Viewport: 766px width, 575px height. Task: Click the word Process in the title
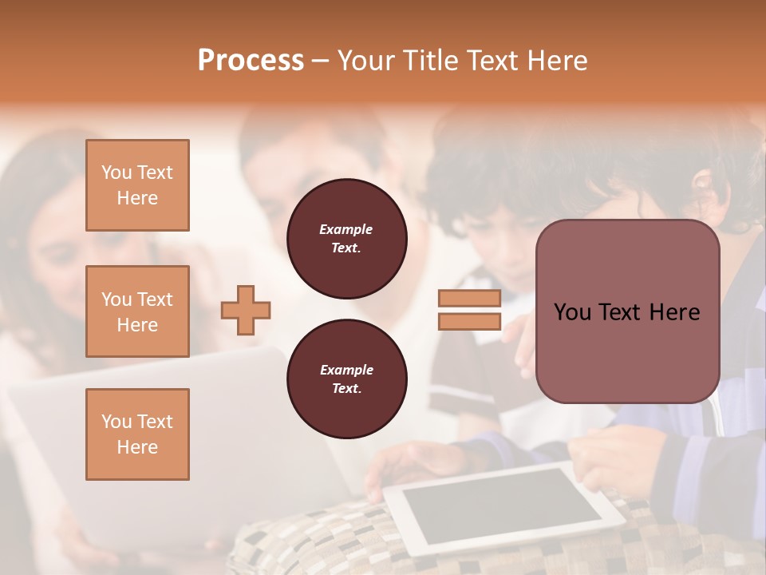pos(251,60)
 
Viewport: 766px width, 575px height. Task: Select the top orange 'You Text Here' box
pos(137,185)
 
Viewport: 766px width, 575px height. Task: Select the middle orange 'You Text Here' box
pos(137,311)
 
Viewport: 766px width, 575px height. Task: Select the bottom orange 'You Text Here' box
pos(137,434)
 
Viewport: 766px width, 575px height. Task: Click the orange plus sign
pos(246,309)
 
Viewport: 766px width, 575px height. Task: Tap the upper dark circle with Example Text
pos(346,239)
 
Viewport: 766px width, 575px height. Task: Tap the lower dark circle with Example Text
pos(346,379)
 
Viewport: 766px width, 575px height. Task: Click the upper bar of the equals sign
pos(469,298)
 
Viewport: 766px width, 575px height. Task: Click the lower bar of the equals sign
pos(469,321)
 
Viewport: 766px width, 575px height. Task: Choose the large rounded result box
pos(627,311)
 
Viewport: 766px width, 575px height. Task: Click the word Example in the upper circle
pos(346,229)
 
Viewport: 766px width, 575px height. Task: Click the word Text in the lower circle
pos(346,389)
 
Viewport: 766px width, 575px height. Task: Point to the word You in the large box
pos(572,312)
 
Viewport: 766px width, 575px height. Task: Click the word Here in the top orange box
pos(137,198)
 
